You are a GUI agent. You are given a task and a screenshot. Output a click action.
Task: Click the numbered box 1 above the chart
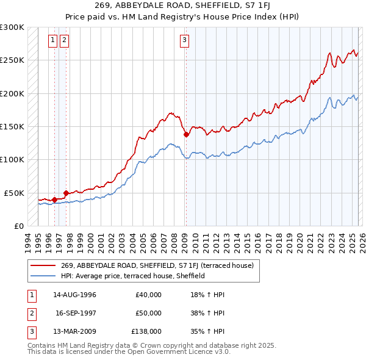coord(54,41)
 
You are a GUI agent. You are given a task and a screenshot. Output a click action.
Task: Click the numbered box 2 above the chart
coord(64,41)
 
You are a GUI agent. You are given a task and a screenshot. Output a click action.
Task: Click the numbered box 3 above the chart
coord(184,41)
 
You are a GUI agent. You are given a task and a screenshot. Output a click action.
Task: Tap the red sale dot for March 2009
coord(185,134)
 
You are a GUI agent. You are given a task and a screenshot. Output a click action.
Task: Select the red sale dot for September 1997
coord(66,193)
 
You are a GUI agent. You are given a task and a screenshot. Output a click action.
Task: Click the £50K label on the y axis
coord(15,193)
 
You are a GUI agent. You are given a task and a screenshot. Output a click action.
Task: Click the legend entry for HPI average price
coord(132,276)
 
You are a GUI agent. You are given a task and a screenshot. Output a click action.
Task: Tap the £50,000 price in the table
coord(148,313)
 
